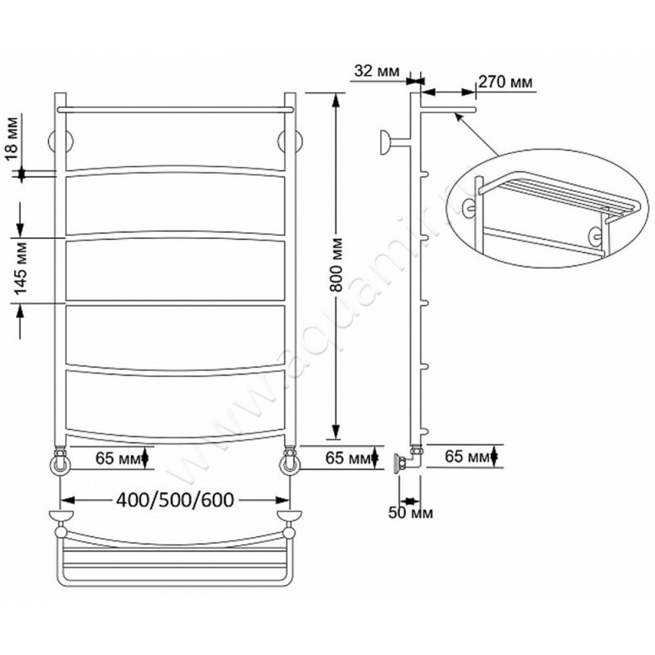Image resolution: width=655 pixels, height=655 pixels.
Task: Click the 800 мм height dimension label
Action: click(x=337, y=265)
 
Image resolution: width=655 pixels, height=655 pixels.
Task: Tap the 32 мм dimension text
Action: click(x=377, y=71)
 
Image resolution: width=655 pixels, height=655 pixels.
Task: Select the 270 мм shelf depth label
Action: click(x=505, y=82)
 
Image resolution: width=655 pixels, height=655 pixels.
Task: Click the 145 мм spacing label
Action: click(x=20, y=268)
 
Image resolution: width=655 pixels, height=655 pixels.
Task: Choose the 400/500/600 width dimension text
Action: click(x=175, y=500)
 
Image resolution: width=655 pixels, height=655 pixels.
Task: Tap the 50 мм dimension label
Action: click(x=410, y=513)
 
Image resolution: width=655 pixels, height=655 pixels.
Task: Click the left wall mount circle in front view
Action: click(x=61, y=142)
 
